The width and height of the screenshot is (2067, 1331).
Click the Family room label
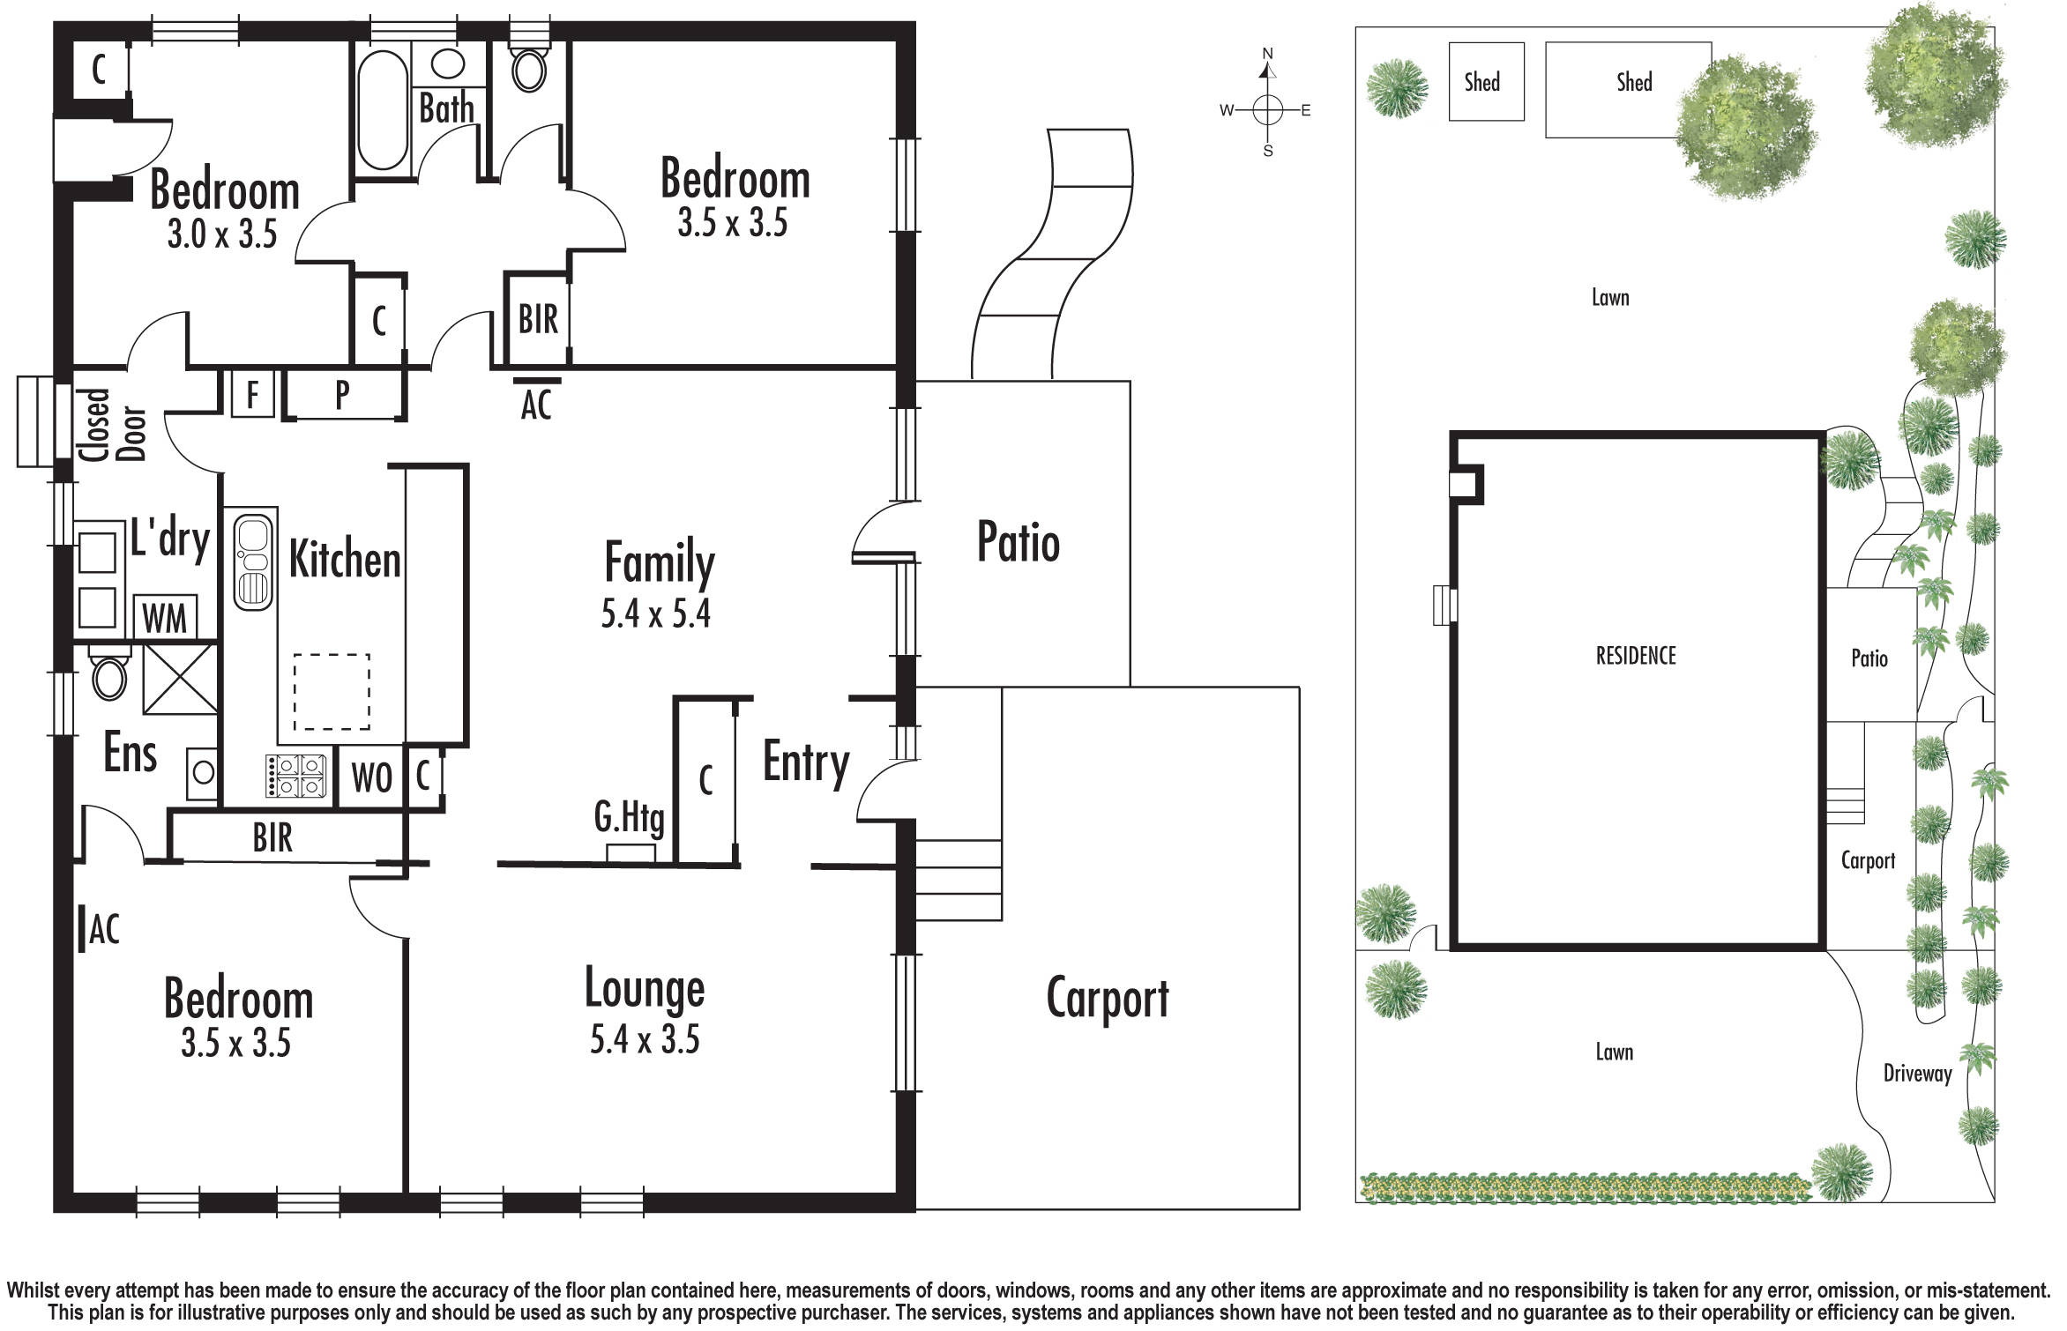point(659,562)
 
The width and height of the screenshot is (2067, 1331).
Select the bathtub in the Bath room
point(383,109)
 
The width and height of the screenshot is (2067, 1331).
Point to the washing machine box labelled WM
point(165,616)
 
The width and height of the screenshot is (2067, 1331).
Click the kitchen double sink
point(254,561)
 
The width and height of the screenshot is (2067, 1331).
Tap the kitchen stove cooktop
point(295,776)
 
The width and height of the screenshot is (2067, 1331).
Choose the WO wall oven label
point(371,777)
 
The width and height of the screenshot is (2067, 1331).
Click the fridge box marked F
point(253,394)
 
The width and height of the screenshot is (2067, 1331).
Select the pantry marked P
point(343,394)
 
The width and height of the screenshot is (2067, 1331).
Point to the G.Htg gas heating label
point(629,818)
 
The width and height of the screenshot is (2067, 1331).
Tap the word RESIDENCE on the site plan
point(1636,656)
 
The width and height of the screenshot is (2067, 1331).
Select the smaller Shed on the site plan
point(1487,82)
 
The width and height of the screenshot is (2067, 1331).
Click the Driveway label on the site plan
point(1918,1074)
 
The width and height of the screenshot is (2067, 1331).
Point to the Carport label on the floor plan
point(1108,999)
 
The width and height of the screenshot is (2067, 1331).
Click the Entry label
point(806,762)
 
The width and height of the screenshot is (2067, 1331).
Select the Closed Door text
point(112,425)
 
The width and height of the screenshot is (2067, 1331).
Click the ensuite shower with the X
point(180,679)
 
